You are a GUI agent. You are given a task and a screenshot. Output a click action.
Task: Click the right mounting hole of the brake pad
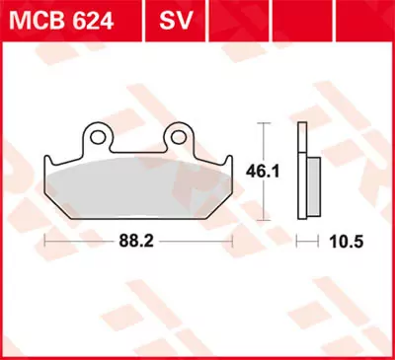pyautogui.click(x=178, y=133)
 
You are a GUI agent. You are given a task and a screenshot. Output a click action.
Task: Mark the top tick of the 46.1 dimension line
pyautogui.click(x=263, y=122)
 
